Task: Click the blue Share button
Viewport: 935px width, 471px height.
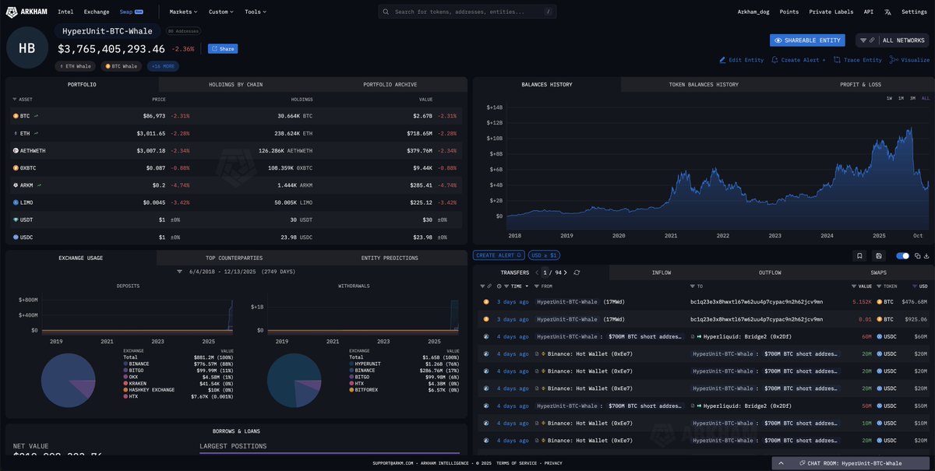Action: click(223, 48)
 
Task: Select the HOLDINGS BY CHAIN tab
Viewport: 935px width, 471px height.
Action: click(235, 84)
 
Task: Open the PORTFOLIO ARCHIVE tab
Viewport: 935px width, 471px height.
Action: click(390, 84)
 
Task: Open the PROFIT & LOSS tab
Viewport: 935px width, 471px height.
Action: click(860, 84)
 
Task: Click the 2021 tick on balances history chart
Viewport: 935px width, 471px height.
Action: click(671, 235)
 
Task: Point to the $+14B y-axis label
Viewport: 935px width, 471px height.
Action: click(495, 107)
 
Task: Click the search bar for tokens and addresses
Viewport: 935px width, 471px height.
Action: click(467, 12)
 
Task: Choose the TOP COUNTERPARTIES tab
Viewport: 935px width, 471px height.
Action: click(234, 258)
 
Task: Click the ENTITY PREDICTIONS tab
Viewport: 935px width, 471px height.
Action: click(389, 258)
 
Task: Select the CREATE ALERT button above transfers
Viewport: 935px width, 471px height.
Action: click(499, 255)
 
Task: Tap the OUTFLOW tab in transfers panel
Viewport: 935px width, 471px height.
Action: click(770, 272)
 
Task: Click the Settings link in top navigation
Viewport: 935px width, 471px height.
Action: click(914, 12)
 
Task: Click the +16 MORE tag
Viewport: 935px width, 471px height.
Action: click(163, 66)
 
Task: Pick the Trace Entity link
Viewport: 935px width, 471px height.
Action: click(858, 60)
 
